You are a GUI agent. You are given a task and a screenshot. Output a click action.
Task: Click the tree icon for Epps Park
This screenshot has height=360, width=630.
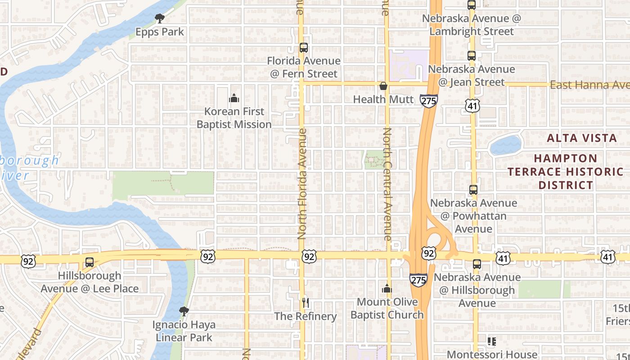(159, 18)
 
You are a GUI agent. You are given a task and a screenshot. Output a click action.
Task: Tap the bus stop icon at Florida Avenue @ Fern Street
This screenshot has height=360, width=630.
(304, 48)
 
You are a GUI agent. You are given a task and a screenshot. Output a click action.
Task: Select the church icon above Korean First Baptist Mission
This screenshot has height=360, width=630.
(234, 98)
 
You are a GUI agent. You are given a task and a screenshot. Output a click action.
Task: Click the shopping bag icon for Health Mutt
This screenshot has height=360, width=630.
(383, 86)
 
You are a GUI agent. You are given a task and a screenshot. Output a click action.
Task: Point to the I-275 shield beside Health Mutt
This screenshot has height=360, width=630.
(428, 100)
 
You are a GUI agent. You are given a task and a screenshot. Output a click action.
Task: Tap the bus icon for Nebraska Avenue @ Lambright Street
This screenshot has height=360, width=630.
(472, 5)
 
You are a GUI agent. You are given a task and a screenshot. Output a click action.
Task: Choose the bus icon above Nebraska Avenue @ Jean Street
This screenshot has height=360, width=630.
(472, 56)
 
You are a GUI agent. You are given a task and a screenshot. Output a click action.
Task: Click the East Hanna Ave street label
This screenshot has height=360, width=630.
(589, 85)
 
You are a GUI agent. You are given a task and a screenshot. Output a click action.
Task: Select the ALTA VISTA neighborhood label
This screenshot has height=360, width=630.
(582, 138)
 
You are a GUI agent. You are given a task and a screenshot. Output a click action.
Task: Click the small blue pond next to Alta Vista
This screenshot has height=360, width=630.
(505, 145)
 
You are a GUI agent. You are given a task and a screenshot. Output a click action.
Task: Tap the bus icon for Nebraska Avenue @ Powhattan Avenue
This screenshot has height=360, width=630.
(473, 190)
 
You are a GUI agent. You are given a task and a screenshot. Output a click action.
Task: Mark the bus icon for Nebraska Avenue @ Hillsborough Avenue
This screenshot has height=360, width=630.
(477, 264)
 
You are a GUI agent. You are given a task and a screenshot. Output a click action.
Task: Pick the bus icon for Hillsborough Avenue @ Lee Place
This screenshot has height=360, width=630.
(90, 262)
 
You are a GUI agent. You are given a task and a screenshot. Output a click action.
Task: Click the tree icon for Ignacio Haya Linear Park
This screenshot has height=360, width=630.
(184, 311)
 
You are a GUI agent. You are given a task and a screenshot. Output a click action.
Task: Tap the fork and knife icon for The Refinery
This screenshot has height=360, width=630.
(306, 303)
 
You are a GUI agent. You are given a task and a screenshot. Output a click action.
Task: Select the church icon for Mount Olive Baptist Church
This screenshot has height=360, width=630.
(387, 289)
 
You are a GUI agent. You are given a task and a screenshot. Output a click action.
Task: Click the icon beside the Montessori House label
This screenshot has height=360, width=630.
(491, 342)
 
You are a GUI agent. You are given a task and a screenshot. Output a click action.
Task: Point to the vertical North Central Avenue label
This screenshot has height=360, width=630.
(387, 184)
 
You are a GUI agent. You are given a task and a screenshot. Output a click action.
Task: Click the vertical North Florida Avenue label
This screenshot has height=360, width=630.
(302, 184)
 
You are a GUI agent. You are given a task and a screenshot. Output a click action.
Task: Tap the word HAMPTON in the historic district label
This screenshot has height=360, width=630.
(566, 158)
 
